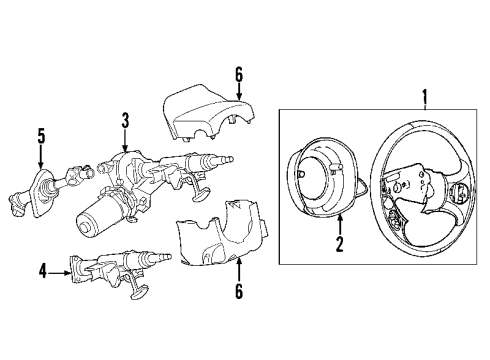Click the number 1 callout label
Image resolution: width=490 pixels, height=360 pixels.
(x=424, y=97)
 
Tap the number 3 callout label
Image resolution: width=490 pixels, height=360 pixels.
(x=126, y=121)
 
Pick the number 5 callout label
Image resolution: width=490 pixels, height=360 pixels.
(x=41, y=134)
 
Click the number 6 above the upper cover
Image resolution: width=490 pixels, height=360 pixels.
(x=238, y=75)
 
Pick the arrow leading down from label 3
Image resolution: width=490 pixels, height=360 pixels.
(x=126, y=140)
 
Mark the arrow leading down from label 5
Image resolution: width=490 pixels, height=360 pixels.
(x=41, y=155)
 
